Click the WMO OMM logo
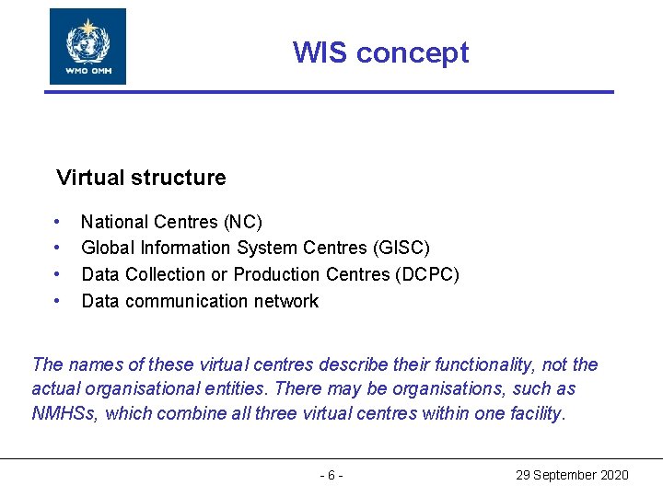point(87,46)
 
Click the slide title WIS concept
point(380,52)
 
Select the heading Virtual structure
point(141,177)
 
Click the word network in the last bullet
point(285,301)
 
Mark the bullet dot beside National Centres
point(58,222)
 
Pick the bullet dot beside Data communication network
point(58,301)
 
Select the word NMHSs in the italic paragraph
point(64,413)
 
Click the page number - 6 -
point(331,475)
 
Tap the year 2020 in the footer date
point(614,475)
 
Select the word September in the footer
point(564,475)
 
